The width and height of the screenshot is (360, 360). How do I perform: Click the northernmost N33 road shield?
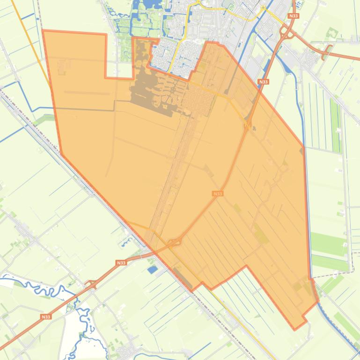pos(294,16)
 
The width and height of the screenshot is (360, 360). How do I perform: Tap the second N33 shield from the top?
pos(263,82)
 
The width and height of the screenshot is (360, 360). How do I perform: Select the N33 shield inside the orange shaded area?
pos(217,194)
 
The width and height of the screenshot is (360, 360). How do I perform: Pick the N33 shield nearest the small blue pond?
pos(121,263)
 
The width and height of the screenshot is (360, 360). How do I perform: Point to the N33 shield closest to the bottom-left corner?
pos(45,317)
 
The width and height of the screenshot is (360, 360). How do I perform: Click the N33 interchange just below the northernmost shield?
pos(287,33)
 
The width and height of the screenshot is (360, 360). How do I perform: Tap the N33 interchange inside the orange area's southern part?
pos(174,242)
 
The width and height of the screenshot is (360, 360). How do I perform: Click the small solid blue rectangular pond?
pos(153,269)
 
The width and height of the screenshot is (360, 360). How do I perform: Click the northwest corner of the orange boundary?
pos(43,31)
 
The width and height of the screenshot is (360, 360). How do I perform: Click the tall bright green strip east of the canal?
pos(335,122)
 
